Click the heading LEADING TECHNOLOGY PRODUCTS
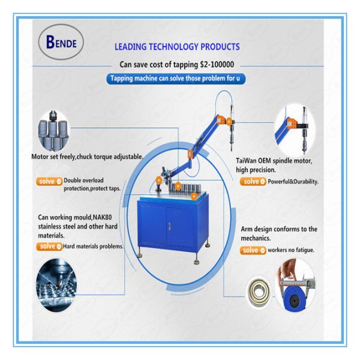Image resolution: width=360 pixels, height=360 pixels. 176,47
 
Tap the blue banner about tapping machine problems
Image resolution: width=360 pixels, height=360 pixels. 175,79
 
